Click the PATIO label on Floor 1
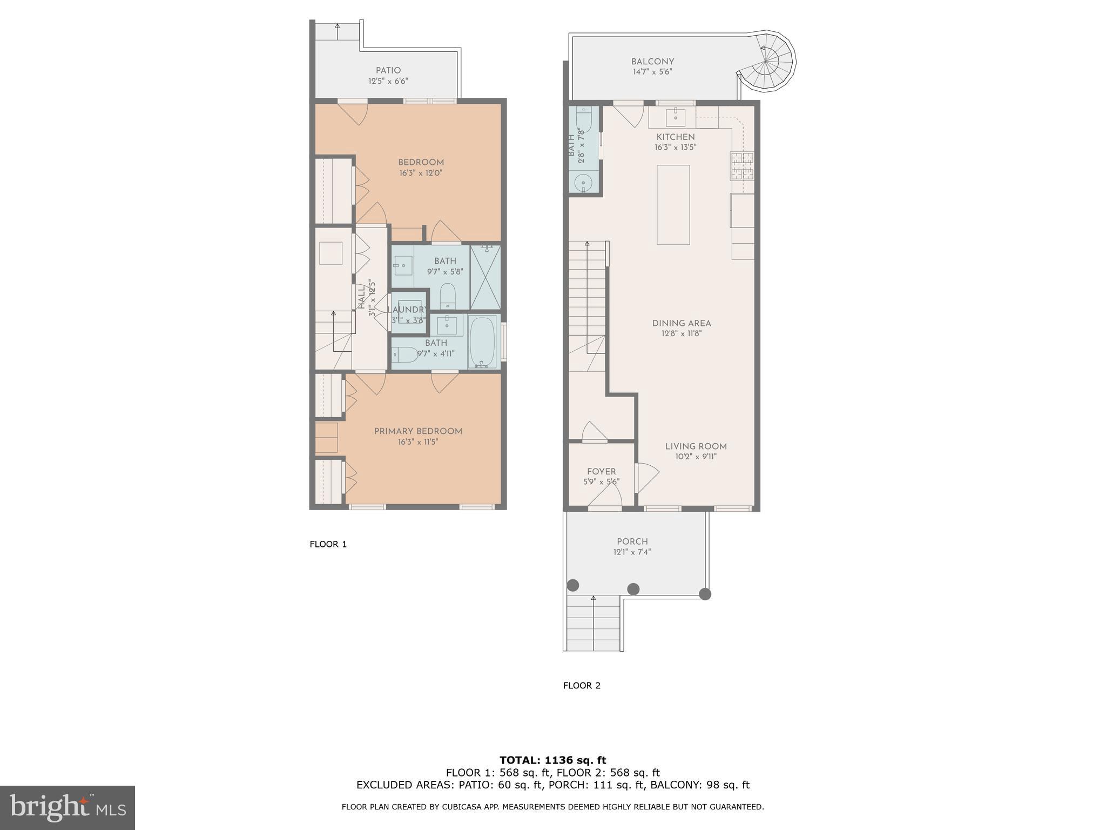388,70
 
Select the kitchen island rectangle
673,205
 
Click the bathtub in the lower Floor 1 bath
482,342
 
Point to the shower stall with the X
485,277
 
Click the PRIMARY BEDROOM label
418,431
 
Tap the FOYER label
601,472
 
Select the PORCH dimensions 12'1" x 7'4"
632,552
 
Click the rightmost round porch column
705,594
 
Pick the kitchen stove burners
741,166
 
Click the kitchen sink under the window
675,116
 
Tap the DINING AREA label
682,323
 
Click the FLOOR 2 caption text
582,686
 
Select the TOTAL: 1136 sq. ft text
552,760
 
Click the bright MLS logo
67,807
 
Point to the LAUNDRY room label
407,310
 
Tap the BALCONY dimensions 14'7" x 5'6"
652,72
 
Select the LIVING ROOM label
696,446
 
